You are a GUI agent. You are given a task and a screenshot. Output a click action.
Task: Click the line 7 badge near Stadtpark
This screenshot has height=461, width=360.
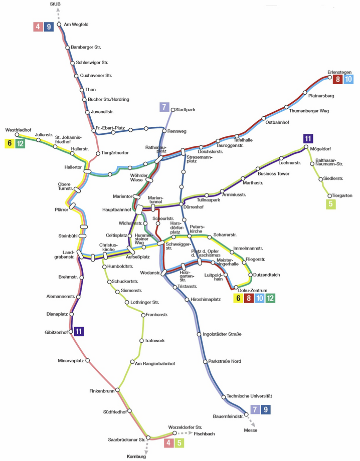pyautogui.click(x=163, y=107)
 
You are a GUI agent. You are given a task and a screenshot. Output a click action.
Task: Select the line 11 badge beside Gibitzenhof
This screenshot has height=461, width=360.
pyautogui.click(x=79, y=331)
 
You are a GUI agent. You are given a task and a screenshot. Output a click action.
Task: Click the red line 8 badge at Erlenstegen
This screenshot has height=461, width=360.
pyautogui.click(x=337, y=79)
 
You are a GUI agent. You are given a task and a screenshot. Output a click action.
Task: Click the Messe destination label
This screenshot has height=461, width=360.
pyautogui.click(x=251, y=430)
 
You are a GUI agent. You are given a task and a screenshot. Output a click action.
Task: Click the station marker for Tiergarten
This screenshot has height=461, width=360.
pyautogui.click(x=329, y=195)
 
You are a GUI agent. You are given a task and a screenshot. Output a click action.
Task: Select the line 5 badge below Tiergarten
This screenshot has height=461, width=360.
pyautogui.click(x=330, y=204)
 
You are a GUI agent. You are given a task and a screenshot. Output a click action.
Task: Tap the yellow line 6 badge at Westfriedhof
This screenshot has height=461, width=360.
pyautogui.click(x=10, y=144)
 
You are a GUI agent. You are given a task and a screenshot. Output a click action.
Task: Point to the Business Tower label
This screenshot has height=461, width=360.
pyautogui.click(x=273, y=174)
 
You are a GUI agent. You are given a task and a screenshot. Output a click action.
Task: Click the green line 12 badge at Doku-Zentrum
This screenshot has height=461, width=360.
pyautogui.click(x=270, y=299)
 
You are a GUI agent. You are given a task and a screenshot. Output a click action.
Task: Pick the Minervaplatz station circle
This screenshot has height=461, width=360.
pyautogui.click(x=89, y=360)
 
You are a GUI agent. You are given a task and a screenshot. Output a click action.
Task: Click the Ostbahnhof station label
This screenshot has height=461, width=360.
pyautogui.click(x=277, y=122)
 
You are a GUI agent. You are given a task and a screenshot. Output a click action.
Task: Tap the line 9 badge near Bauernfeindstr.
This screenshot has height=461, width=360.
pyautogui.click(x=266, y=410)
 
